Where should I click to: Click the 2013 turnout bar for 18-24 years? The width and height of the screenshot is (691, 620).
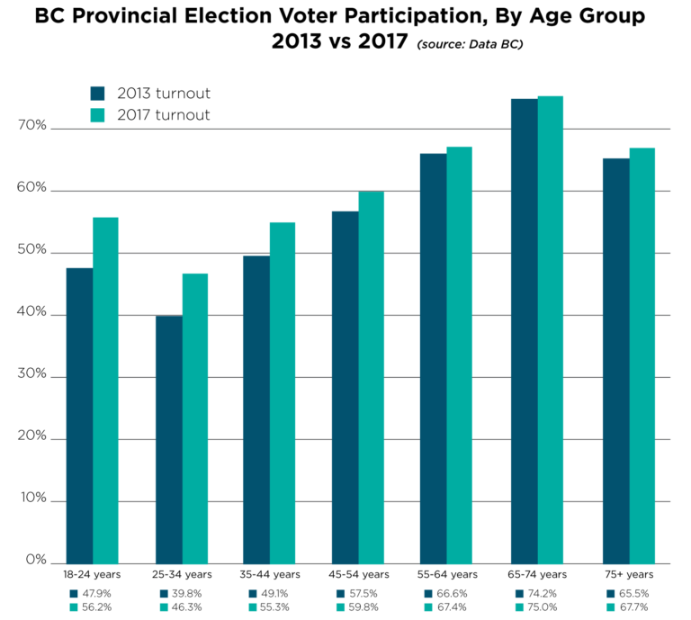coord(79,415)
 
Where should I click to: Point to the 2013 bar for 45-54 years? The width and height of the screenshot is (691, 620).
coord(345,387)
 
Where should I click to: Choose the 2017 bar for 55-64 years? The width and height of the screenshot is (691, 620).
coord(459,355)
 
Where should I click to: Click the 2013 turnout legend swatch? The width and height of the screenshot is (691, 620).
coord(99,94)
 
